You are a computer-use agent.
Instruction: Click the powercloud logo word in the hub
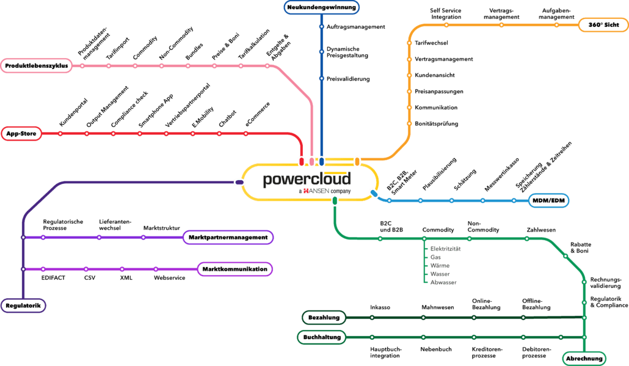tap(307, 180)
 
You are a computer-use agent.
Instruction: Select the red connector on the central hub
tap(301, 161)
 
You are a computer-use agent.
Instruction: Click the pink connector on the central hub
tap(311, 161)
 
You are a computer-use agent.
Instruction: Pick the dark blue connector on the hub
tap(321, 161)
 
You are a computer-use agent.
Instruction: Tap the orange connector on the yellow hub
tap(358, 161)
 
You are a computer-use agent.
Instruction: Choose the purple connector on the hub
tap(239, 182)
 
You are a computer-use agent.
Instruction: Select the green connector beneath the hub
tap(335, 200)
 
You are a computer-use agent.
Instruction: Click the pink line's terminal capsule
tap(36, 65)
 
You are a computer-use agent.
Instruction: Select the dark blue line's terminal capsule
tap(321, 7)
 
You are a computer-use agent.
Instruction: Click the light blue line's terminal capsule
tap(549, 200)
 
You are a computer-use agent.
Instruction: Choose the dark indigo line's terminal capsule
tap(23, 306)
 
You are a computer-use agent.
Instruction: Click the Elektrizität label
tap(445, 249)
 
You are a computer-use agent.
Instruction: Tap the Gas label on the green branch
tap(435, 258)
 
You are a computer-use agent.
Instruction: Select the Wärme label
tap(439, 266)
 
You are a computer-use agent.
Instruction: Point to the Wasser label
tap(440, 275)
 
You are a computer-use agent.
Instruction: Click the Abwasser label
tap(443, 284)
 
